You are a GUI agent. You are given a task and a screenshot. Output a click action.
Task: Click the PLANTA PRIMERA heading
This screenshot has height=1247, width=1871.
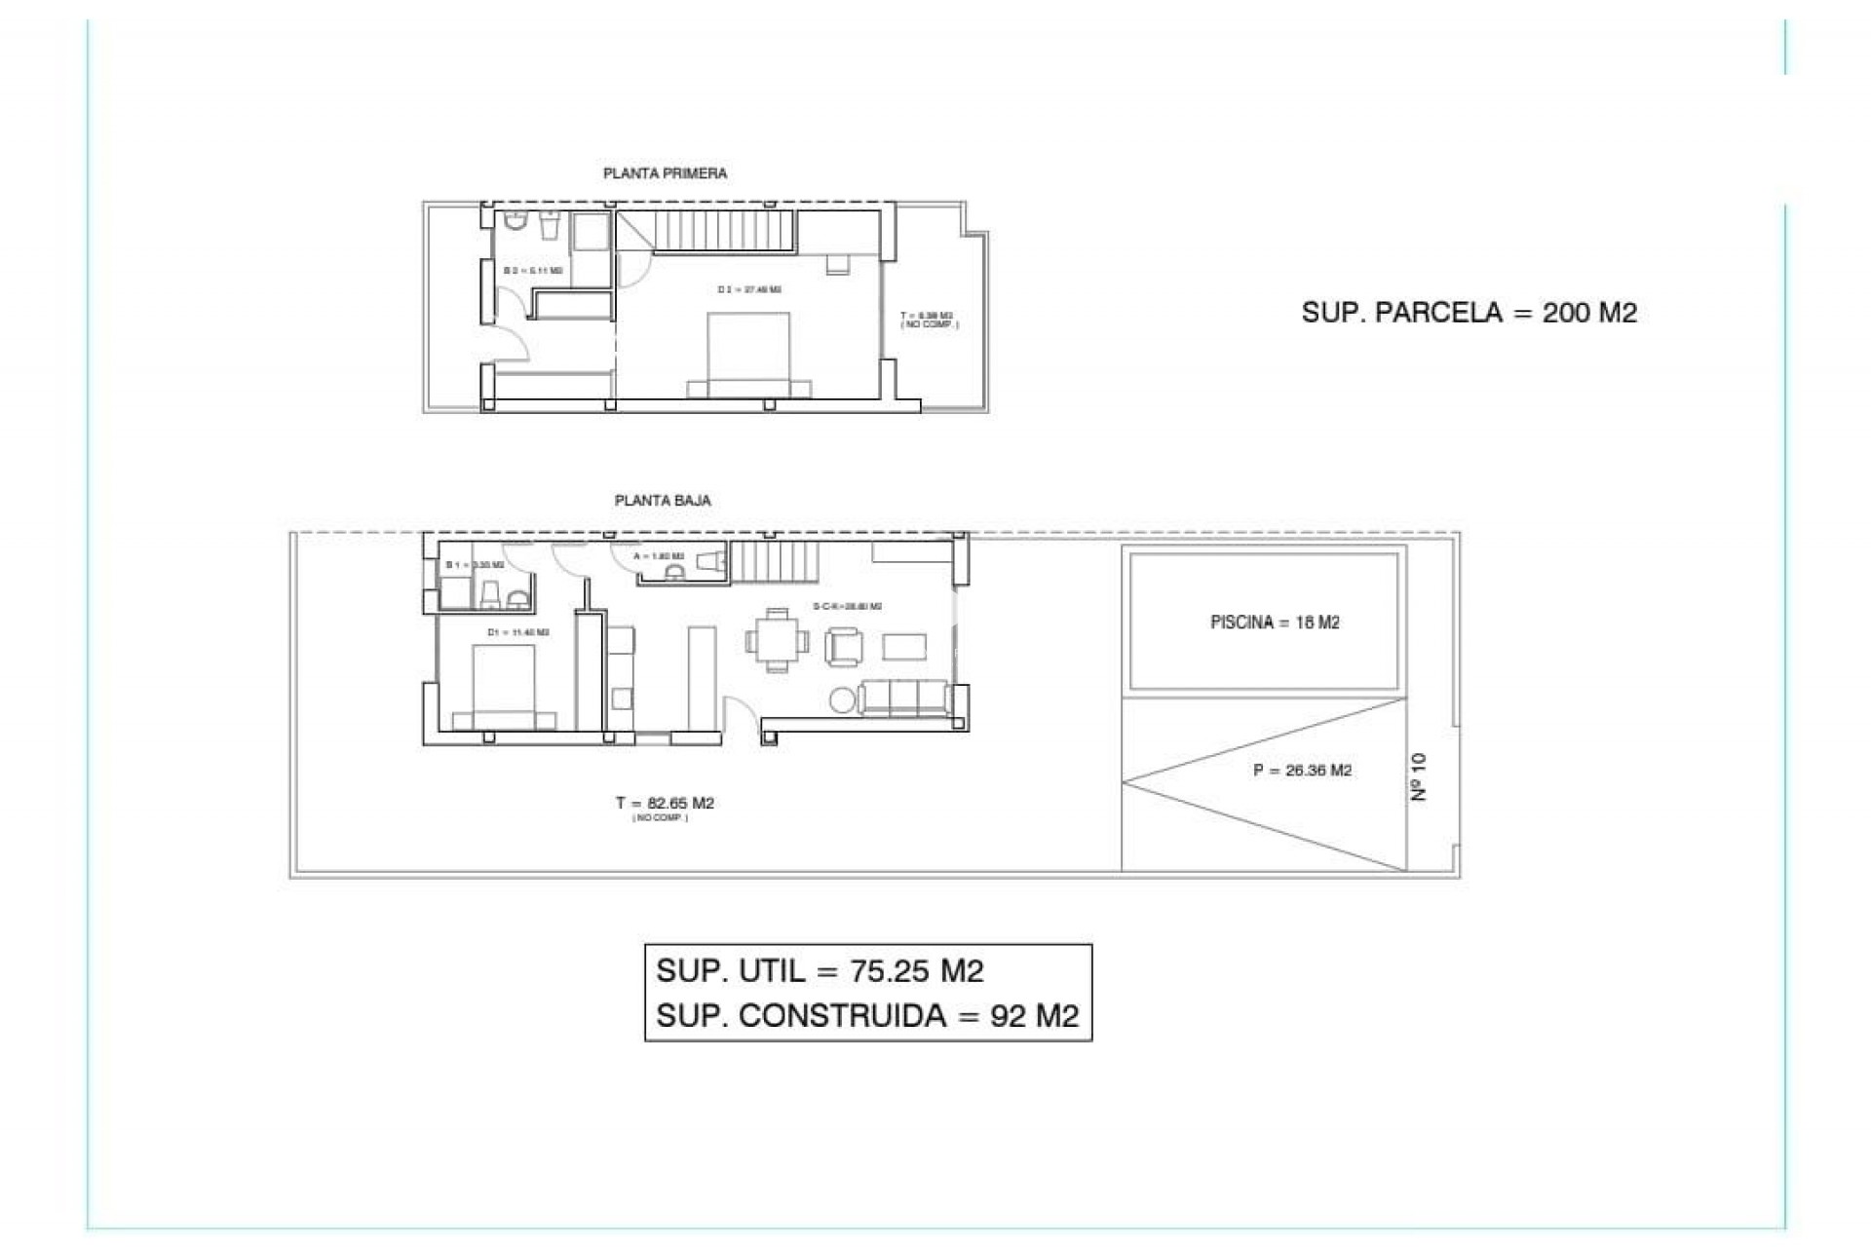pyautogui.click(x=665, y=173)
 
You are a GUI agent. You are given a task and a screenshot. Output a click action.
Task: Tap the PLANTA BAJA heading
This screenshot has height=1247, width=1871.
pyautogui.click(x=663, y=501)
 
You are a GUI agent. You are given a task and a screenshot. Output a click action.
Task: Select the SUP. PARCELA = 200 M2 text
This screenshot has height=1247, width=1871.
pyautogui.click(x=1469, y=313)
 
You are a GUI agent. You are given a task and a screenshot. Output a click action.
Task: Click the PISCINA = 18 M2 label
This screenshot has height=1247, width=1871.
pyautogui.click(x=1275, y=623)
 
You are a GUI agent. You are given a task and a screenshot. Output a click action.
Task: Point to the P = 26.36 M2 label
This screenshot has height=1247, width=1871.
pyautogui.click(x=1302, y=771)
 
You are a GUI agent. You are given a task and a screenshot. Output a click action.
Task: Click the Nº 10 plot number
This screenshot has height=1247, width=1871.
pyautogui.click(x=1419, y=776)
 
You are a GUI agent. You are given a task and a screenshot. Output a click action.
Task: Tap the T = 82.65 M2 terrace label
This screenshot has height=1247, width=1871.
pyautogui.click(x=665, y=804)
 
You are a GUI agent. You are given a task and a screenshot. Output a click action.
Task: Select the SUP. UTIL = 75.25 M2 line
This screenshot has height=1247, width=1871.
pyautogui.click(x=820, y=971)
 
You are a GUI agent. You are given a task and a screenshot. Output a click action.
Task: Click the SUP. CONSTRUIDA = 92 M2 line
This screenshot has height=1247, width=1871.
pyautogui.click(x=867, y=1016)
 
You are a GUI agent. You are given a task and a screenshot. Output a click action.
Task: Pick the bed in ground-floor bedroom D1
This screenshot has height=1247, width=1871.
pyautogui.click(x=504, y=687)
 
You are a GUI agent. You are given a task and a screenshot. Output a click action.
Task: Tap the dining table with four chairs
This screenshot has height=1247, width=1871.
pyautogui.click(x=777, y=641)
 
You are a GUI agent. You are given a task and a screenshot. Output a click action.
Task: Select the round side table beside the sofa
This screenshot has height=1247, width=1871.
pyautogui.click(x=843, y=699)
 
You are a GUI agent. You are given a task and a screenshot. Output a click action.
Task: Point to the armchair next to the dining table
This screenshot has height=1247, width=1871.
pyautogui.click(x=844, y=647)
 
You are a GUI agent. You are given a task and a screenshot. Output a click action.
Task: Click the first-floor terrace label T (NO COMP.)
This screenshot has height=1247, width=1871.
pyautogui.click(x=928, y=320)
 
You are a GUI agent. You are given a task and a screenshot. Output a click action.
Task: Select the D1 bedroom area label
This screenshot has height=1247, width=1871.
pyautogui.click(x=517, y=632)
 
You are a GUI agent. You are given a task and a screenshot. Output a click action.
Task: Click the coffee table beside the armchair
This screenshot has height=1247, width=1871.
pyautogui.click(x=904, y=646)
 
